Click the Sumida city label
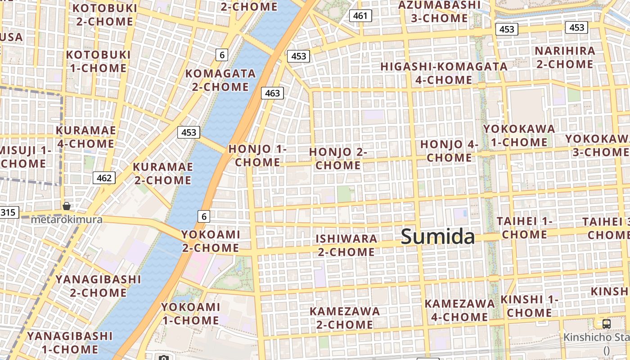[437, 237]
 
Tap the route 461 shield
[360, 16]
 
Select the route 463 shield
[272, 93]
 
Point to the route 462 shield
[104, 178]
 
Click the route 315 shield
[9, 212]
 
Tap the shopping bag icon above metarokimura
[67, 206]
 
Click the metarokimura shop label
[67, 220]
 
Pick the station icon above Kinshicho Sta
[607, 324]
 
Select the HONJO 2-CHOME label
[338, 159]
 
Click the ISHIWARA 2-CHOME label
[346, 245]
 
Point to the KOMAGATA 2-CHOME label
[220, 80]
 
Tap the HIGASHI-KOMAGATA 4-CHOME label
[444, 73]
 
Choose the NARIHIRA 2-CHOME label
[565, 57]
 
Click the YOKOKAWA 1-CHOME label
[519, 135]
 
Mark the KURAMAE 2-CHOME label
[162, 173]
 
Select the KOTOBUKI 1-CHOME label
[98, 61]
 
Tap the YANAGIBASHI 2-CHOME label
[98, 286]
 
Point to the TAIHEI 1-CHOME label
[525, 228]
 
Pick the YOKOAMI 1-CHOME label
[191, 314]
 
